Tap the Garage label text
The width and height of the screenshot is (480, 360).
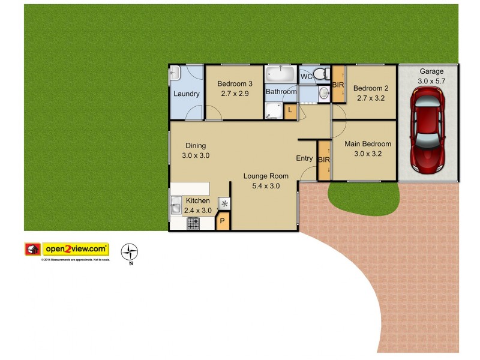click(431, 71)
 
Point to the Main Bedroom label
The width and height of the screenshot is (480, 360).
click(368, 144)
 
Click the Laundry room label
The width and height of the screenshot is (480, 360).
click(187, 94)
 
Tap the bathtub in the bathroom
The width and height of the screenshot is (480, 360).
click(281, 74)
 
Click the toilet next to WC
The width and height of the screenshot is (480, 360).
click(322, 74)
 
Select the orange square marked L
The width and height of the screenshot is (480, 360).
click(290, 110)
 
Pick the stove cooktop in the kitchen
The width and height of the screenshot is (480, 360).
click(193, 223)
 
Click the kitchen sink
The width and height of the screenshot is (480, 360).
click(176, 205)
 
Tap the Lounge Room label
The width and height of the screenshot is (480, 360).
click(266, 176)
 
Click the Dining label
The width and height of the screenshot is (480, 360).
click(196, 146)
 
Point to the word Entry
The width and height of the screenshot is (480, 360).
click(304, 158)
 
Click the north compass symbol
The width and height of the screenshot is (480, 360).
click(130, 251)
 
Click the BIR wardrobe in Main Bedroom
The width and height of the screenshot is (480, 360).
click(324, 160)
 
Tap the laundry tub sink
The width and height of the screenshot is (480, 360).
click(175, 75)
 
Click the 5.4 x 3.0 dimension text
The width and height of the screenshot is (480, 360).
click(266, 186)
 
